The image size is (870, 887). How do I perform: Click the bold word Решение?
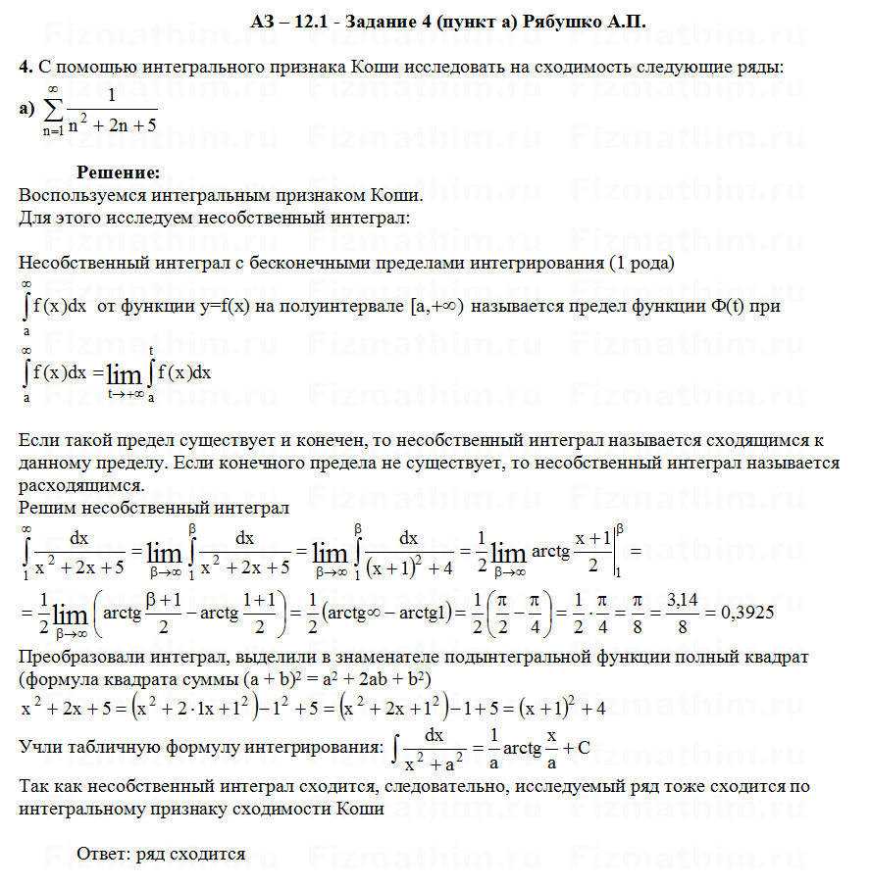point(118,172)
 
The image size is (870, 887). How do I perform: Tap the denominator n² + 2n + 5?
point(114,125)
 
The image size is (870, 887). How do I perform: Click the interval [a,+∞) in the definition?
point(434,307)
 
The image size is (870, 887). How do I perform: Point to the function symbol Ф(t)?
point(727,307)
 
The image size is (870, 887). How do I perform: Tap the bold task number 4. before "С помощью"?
point(26,67)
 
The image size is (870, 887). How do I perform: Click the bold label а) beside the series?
point(26,109)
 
